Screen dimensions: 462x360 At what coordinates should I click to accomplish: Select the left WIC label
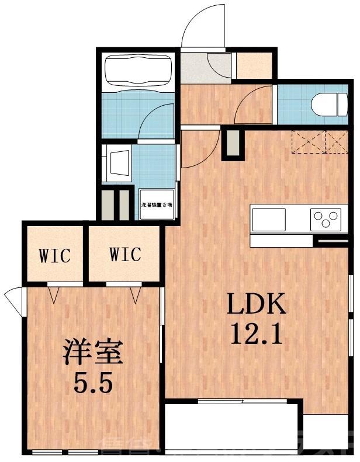point(55,255)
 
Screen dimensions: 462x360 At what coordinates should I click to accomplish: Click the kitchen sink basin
point(268,219)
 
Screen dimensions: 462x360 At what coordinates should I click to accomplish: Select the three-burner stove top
point(325,220)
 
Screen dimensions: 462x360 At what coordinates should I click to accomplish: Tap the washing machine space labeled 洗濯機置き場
point(157,205)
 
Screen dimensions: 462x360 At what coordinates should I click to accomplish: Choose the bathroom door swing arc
point(158,120)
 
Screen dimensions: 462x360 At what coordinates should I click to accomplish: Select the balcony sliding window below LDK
point(243,401)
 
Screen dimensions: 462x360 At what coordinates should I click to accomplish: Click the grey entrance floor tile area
point(202,67)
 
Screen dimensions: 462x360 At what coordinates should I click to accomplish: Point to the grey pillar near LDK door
point(232,143)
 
